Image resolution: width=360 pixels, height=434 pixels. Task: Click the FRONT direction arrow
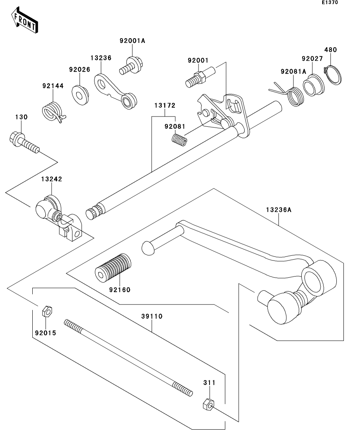click(25, 20)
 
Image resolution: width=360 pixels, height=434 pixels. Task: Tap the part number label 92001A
click(132, 41)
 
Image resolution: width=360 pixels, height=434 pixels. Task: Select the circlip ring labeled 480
click(332, 74)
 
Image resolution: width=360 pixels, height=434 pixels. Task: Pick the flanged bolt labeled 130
click(24, 142)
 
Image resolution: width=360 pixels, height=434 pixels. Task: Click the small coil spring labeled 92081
click(179, 140)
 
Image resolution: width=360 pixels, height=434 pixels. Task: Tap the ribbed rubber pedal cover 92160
click(113, 268)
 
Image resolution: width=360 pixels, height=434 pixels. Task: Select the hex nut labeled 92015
click(47, 311)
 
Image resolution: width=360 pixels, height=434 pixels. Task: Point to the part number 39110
click(152, 316)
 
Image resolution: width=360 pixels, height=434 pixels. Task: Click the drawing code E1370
click(330, 2)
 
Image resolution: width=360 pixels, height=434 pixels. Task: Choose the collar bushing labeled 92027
click(313, 85)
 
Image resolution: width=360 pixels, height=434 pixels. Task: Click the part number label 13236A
click(279, 210)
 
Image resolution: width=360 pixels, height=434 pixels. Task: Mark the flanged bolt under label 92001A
click(131, 65)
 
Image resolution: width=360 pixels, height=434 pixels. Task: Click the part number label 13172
click(165, 105)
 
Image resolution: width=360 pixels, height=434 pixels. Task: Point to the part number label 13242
click(52, 179)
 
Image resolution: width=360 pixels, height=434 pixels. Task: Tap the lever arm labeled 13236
click(115, 91)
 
